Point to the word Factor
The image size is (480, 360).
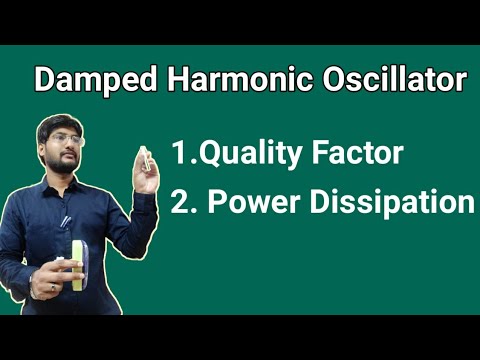[x=361, y=154]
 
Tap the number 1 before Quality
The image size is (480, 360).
[x=177, y=154]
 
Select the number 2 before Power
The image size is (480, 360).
[x=180, y=202]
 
